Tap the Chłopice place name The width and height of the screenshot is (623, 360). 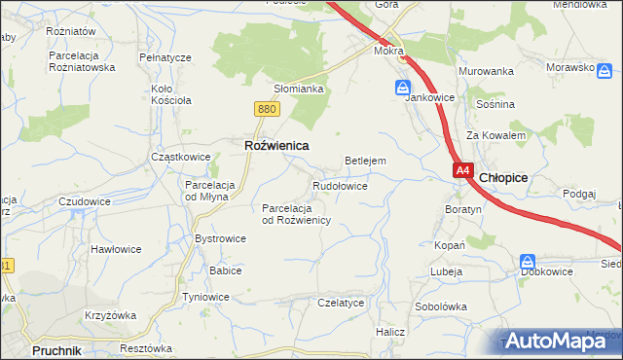[x=503, y=177]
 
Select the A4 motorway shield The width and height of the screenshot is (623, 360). [x=463, y=170]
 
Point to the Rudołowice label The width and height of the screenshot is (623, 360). [x=340, y=185]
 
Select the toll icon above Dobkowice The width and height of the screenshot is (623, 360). [x=528, y=262]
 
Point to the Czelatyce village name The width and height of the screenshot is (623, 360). [x=341, y=303]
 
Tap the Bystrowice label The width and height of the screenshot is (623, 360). [x=220, y=238]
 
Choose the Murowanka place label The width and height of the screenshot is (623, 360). [x=486, y=71]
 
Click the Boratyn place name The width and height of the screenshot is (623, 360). [x=463, y=209]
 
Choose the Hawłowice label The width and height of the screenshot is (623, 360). [x=116, y=249]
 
